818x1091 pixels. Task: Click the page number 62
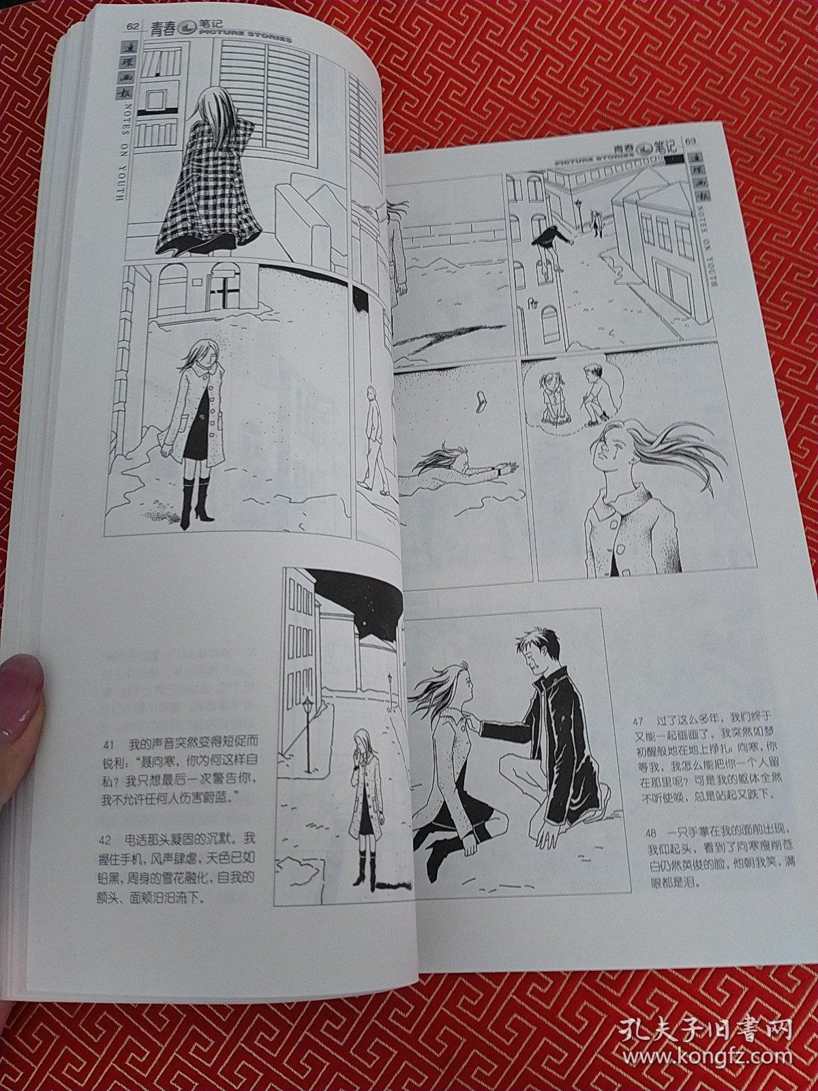point(132,27)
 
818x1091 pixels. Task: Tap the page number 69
point(689,141)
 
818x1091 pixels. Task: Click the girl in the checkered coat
point(208,177)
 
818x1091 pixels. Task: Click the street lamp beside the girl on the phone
point(308,726)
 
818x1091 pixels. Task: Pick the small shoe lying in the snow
point(483,400)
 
